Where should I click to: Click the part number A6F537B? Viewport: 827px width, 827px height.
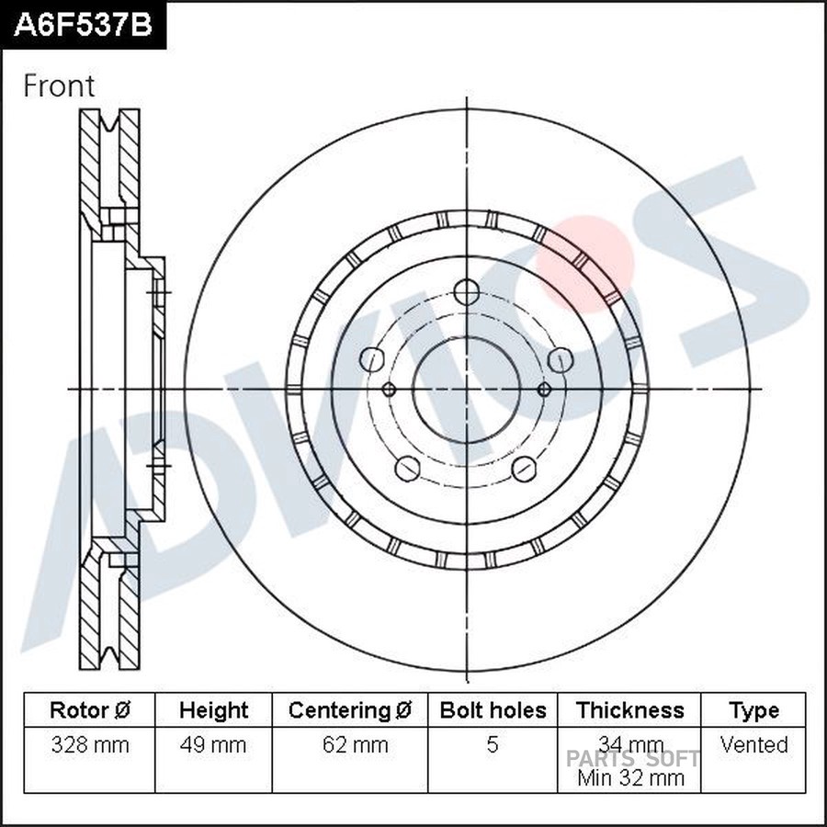83,25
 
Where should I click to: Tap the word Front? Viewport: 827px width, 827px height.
59,86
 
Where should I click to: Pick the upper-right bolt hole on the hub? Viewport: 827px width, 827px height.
561,359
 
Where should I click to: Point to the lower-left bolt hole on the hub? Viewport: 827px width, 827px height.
408,469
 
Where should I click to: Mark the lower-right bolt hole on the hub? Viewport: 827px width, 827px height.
525,469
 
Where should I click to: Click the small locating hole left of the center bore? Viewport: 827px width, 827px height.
389,389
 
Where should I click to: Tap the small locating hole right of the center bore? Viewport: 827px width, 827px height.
544,389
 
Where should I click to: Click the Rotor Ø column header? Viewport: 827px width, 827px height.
89,710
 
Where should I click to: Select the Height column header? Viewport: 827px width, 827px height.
213,710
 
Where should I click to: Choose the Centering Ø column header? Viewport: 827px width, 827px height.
350,710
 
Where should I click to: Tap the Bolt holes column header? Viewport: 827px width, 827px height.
493,710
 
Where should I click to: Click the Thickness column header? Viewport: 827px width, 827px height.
629,710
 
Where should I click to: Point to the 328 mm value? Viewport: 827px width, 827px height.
89,744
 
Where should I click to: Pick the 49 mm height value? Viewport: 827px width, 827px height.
213,744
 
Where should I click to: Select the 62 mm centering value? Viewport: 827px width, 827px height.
350,744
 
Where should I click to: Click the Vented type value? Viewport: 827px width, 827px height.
753,744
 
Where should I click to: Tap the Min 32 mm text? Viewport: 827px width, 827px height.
629,777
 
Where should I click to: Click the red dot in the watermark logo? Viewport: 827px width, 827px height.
588,262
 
